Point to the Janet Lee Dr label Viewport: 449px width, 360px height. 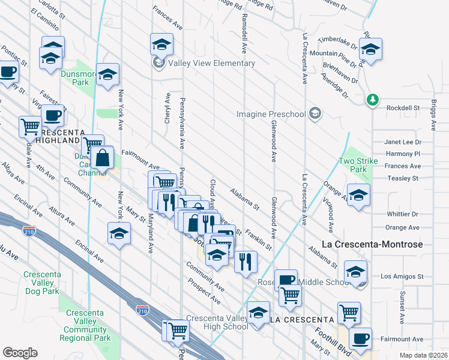(x=402, y=142)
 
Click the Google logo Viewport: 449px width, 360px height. (x=20, y=353)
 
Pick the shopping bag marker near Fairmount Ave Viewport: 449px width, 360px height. (x=103, y=159)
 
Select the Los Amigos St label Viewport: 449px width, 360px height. (x=402, y=277)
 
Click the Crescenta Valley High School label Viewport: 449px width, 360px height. (x=217, y=322)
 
